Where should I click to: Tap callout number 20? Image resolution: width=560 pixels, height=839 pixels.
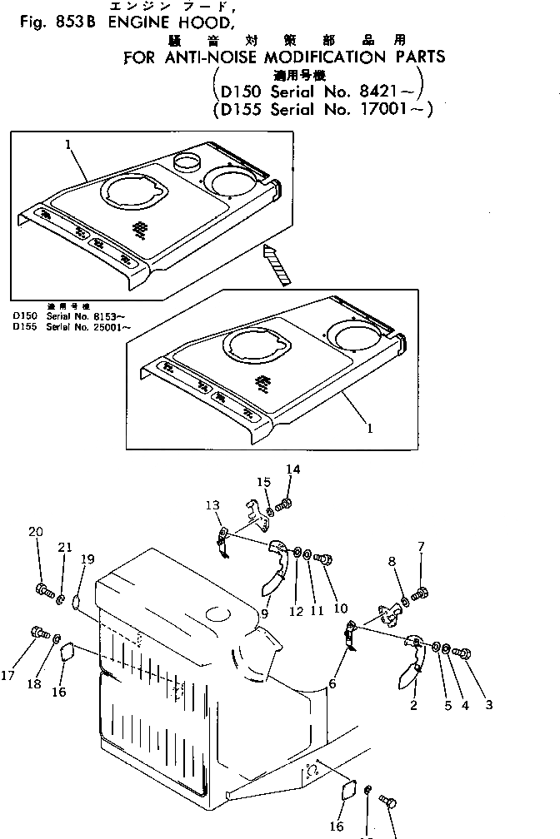(x=35, y=532)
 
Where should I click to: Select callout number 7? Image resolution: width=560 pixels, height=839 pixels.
(x=421, y=547)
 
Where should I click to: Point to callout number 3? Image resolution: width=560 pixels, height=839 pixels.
(x=488, y=705)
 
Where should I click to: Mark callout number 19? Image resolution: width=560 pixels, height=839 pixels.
(x=87, y=560)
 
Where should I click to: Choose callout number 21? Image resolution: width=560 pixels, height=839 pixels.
(x=65, y=547)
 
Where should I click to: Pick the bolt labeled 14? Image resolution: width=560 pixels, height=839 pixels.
(x=286, y=504)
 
